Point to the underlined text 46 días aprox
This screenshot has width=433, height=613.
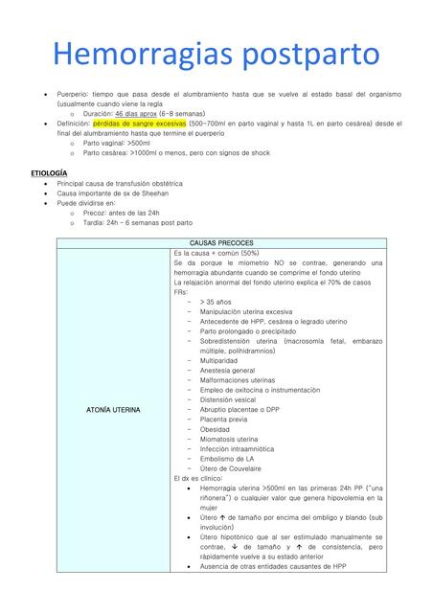141,113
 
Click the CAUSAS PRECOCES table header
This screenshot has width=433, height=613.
221,242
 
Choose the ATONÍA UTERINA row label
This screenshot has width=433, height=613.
114,410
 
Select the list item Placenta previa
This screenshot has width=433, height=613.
230,420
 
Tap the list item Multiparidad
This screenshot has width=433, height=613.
226,360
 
